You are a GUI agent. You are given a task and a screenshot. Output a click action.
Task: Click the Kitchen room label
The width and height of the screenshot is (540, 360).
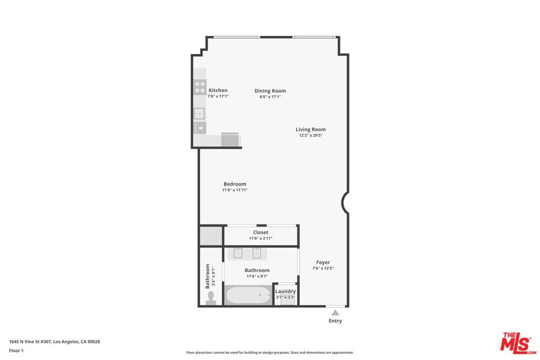218,91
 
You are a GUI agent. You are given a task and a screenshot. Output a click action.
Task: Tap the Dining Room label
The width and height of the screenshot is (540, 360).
270,91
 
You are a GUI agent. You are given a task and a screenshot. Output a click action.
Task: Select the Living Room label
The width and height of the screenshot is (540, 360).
311,130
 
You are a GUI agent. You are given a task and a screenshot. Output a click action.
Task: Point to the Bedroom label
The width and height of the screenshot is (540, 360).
235,184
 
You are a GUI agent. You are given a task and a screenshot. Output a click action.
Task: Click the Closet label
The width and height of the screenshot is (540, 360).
261,232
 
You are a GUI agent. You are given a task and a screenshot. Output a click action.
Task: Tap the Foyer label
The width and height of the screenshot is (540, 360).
323,262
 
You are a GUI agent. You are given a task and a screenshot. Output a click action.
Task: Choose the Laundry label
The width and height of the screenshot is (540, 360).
285,291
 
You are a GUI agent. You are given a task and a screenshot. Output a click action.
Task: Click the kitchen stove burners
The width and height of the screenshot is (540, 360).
200,87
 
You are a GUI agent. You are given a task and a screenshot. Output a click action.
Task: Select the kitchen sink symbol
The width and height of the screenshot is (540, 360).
199,113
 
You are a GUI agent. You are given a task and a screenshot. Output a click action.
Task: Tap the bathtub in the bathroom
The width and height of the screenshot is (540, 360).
248,295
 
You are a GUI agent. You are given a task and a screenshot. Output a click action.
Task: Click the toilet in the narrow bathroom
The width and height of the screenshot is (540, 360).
211,298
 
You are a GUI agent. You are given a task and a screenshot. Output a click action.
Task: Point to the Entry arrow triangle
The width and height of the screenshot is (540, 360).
335,313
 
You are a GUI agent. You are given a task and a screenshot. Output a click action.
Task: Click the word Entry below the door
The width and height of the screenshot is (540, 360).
335,321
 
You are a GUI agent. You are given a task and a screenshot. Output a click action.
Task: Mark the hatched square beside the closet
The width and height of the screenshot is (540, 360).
211,236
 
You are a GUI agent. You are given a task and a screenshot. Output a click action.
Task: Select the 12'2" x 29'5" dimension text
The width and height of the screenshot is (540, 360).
311,135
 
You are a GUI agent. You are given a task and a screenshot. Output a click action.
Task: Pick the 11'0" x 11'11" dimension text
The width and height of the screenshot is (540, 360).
235,190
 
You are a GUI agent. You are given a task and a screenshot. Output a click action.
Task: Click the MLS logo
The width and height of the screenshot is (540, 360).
518,343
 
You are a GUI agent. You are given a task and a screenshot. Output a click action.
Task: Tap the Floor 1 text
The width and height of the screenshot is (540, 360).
16,351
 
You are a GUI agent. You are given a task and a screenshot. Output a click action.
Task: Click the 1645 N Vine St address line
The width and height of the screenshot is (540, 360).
54,342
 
